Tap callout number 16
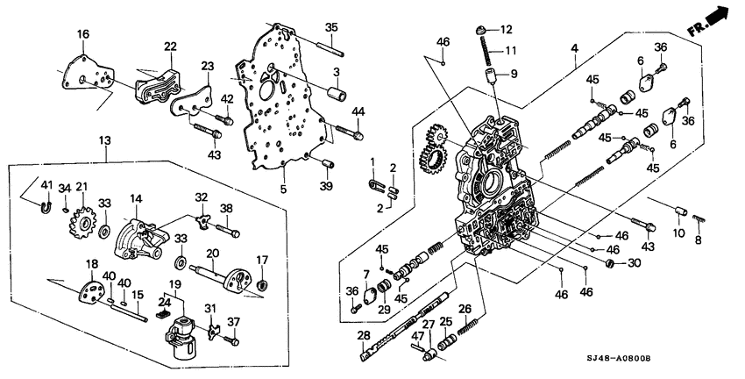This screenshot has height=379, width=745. pos(82,34)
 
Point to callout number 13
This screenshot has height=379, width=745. pos(105,140)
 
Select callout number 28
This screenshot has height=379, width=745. pos(363,335)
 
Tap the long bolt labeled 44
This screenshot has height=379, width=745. pos(345,134)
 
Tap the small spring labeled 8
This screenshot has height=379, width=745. pos(697,217)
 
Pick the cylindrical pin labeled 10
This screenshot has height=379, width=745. pos(678,211)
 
